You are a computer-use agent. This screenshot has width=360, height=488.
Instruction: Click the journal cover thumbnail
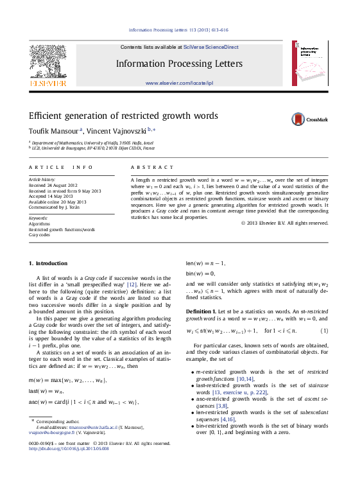[x=312, y=64]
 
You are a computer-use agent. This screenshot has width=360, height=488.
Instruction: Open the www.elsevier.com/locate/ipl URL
[x=179, y=83]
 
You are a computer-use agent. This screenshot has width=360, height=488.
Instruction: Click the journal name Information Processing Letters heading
[x=179, y=64]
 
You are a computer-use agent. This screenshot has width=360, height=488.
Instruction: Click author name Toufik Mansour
[x=53, y=130]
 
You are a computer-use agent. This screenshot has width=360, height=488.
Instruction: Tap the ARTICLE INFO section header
[x=61, y=167]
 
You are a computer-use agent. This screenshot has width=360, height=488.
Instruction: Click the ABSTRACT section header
[x=143, y=167]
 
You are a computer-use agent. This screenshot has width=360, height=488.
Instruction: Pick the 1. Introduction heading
[x=48, y=263]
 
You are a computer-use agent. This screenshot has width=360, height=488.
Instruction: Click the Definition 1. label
[x=201, y=311]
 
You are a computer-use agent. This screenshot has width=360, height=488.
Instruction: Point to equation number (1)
[x=324, y=330]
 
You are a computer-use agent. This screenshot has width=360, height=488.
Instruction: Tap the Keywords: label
[x=39, y=218]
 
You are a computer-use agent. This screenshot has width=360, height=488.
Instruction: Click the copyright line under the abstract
[x=284, y=223]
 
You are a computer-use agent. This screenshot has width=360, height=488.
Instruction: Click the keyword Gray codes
[x=39, y=235]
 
